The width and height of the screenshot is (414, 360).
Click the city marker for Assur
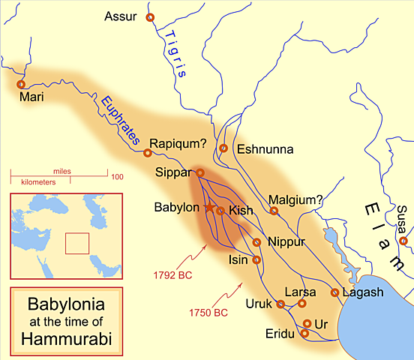[x=150, y=17]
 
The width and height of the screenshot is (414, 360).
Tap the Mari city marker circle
[x=21, y=85]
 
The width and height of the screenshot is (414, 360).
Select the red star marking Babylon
[x=210, y=207]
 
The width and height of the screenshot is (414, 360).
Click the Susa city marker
[x=403, y=241]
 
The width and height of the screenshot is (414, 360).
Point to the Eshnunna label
[x=262, y=149]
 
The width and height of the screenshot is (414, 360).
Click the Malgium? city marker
[x=274, y=211]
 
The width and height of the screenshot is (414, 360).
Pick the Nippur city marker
[x=256, y=242]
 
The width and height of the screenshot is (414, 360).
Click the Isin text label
[x=239, y=260]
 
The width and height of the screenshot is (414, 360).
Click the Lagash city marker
[x=334, y=292]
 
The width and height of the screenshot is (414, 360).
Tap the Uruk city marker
[x=280, y=304]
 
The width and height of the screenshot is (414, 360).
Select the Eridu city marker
[x=304, y=333]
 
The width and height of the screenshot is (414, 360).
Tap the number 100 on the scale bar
[x=117, y=176]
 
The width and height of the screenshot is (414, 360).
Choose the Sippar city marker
[x=200, y=172]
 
